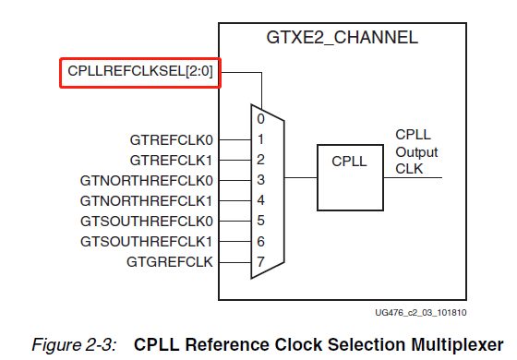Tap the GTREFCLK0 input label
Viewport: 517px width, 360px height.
point(172,140)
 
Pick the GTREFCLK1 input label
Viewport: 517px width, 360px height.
point(172,161)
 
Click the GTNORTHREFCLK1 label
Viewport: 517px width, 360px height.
point(147,200)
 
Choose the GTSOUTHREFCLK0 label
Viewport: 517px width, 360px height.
point(147,222)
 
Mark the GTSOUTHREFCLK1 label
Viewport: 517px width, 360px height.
point(147,241)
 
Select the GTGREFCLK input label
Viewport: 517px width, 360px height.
point(170,262)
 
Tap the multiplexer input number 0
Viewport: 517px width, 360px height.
point(261,119)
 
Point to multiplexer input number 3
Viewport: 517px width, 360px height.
point(261,180)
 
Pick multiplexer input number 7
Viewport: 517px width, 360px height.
point(261,261)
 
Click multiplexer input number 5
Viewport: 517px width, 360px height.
point(261,221)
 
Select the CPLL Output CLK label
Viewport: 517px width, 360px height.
point(416,151)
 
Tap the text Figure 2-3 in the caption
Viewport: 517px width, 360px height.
point(75,344)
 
